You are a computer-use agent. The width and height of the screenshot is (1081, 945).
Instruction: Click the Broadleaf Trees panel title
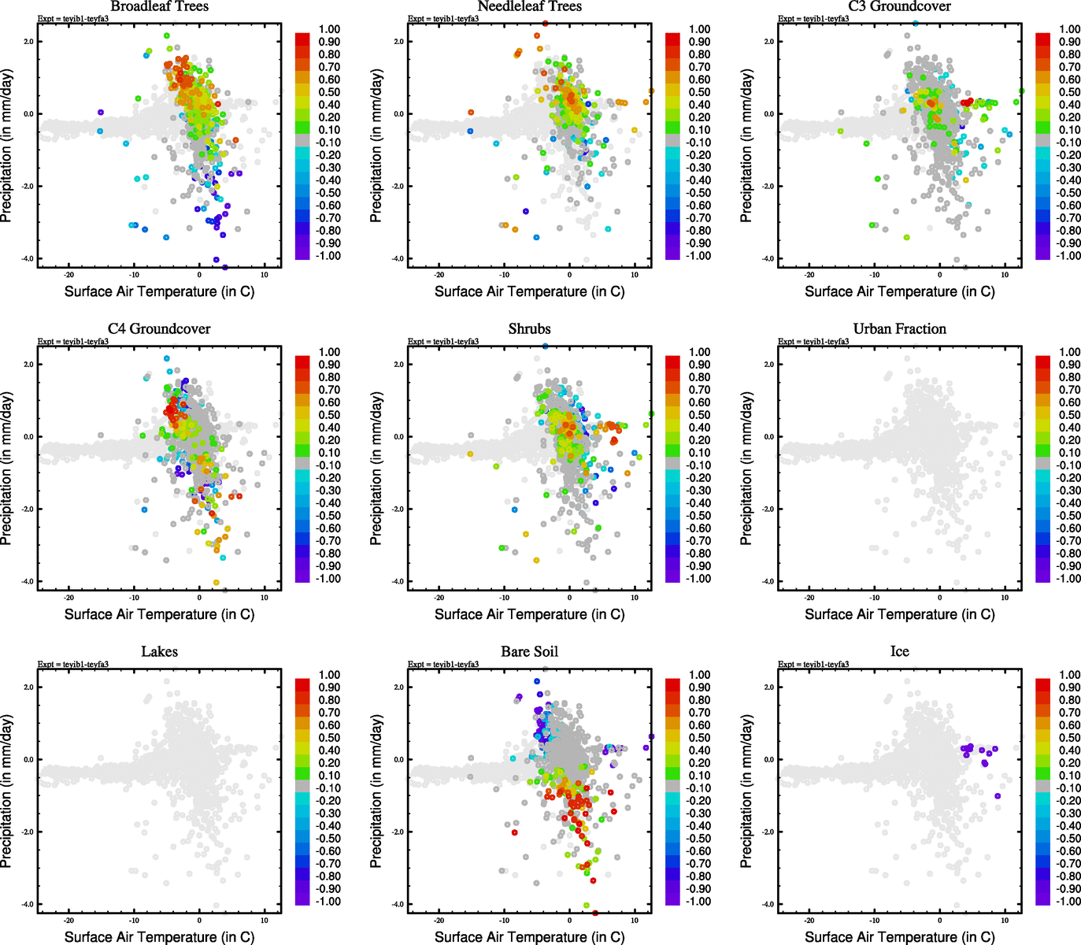159,6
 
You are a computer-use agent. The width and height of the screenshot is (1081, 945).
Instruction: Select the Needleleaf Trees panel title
529,6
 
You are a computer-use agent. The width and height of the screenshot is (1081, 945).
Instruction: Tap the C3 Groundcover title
899,6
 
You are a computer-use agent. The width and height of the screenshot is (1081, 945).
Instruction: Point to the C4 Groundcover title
159,328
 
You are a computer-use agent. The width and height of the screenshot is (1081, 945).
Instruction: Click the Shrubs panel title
529,328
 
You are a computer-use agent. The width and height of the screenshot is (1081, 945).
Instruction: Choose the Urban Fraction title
899,328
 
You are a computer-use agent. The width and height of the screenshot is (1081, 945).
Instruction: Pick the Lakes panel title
159,651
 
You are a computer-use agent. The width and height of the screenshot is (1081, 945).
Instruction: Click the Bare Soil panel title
529,651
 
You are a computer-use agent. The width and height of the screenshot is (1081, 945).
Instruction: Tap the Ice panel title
899,651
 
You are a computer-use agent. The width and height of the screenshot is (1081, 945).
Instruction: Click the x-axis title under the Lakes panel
159,936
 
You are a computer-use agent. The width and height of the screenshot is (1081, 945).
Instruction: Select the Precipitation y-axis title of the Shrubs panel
376,469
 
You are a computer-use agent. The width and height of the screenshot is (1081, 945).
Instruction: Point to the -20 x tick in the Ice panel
809,920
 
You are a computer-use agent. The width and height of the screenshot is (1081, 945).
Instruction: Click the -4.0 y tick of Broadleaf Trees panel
28,259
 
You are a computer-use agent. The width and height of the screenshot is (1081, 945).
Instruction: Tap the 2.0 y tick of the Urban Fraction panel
768,365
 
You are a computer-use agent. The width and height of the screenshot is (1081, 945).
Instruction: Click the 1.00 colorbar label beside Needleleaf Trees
699,29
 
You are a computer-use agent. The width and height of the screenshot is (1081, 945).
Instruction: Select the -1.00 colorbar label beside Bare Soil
698,901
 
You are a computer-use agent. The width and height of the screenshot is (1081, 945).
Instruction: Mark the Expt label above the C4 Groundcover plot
73,341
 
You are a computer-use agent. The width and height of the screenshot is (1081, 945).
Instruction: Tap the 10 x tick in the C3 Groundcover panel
1005,275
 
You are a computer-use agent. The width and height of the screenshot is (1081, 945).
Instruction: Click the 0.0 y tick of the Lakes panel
28,760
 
